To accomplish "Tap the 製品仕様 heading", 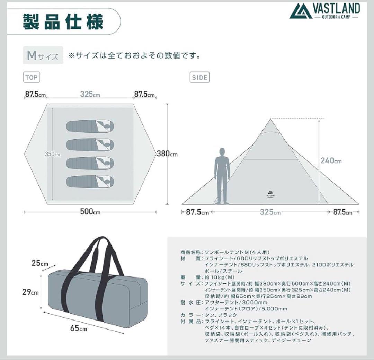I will (x=63, y=21).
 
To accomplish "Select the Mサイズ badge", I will (x=43, y=55).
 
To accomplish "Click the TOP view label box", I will (x=32, y=77).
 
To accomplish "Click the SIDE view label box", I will (x=200, y=77).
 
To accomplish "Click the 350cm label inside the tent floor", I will (x=52, y=154).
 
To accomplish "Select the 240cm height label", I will (x=331, y=160).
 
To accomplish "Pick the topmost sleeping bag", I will (x=90, y=126).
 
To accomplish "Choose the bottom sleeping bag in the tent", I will (x=90, y=181).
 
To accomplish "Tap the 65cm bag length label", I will (x=79, y=327).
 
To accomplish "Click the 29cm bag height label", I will (x=31, y=292).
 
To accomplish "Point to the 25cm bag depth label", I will (x=40, y=263).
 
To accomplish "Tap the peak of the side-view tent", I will (x=271, y=119).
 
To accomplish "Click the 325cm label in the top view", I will (x=90, y=94).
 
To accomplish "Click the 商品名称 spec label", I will (x=190, y=252).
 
